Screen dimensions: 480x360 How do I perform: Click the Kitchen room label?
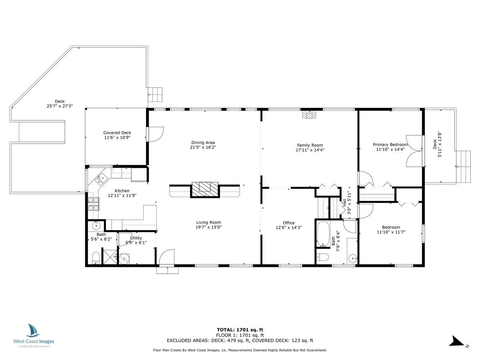coord(122,191)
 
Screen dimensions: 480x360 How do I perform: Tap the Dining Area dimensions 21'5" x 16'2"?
coord(203,147)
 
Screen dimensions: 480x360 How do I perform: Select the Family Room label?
coord(310,145)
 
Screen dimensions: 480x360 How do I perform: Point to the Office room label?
coord(289,223)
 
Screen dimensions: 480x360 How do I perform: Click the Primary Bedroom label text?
coord(390,145)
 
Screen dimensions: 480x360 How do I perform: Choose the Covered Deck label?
coord(117,133)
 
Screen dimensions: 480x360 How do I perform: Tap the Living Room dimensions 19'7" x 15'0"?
coord(209,227)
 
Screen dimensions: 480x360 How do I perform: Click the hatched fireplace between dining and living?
coord(205,190)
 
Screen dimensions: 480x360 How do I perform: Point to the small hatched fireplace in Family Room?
coord(309,114)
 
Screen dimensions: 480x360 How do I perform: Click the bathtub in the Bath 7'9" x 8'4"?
coord(323,234)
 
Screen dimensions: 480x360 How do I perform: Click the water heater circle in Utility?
coord(124,259)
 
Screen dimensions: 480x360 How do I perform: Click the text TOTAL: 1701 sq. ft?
coord(240,330)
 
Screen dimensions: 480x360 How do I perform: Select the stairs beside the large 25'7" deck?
coord(155,94)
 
